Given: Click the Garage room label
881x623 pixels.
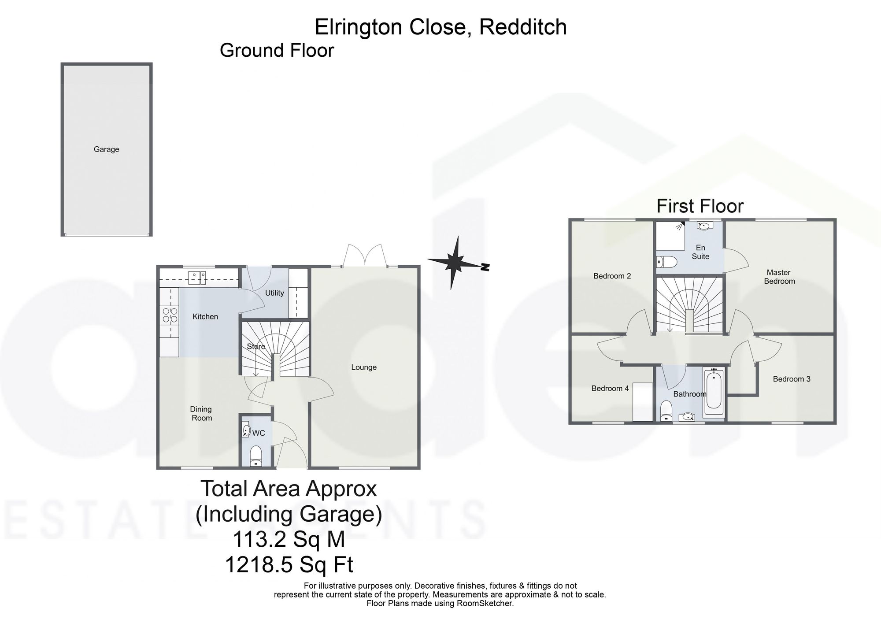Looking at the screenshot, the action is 106,149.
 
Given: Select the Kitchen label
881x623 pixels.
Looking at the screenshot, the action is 205,316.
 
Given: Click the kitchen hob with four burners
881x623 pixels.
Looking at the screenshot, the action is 170,315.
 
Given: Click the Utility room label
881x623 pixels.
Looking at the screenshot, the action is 274,293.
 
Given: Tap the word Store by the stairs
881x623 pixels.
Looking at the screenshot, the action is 256,346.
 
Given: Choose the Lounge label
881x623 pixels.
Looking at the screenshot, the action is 364,367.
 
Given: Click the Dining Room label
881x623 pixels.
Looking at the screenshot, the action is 201,414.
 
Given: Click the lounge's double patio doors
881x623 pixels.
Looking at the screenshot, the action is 365,256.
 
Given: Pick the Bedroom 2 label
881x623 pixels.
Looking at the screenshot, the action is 612,276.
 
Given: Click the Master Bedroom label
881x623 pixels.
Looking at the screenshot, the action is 779,277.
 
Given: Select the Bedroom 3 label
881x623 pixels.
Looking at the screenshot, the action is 792,379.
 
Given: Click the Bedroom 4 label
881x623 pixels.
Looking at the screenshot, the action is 610,388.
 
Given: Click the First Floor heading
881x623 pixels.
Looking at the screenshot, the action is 700,206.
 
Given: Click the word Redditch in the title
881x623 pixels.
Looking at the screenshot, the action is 523,27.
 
